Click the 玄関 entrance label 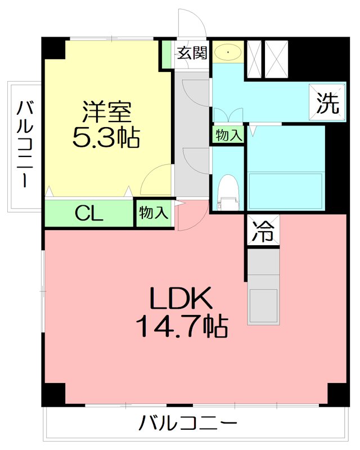point(192,53)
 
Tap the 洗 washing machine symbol point(327,103)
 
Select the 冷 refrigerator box point(263,231)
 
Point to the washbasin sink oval point(228,52)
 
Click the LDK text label point(179,298)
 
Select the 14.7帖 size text point(181,326)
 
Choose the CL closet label point(89,214)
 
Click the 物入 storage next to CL point(153,213)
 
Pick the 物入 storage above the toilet point(228,135)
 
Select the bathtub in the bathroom point(285,191)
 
